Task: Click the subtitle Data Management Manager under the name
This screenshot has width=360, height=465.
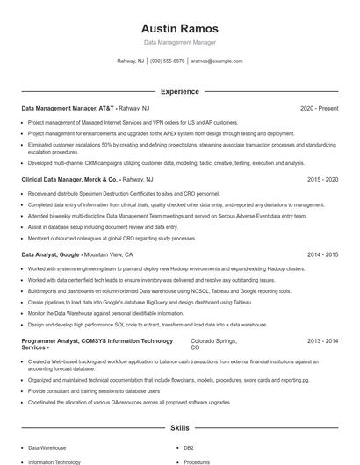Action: (180, 42)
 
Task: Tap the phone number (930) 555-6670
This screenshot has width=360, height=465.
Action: (167, 61)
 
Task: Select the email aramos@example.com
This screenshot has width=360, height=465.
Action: (216, 61)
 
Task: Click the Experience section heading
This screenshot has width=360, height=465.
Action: (180, 91)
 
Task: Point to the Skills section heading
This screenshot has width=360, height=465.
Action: (180, 427)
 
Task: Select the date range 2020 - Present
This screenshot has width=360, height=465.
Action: (319, 108)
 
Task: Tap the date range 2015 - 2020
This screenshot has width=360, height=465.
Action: (322, 179)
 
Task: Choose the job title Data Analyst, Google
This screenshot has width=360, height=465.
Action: (54, 254)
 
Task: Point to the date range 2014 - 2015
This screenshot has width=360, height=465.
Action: (322, 254)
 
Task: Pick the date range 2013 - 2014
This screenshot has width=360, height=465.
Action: (322, 340)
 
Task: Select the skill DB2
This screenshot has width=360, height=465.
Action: (190, 447)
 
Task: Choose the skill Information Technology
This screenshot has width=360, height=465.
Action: (54, 461)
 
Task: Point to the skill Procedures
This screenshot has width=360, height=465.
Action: (198, 461)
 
